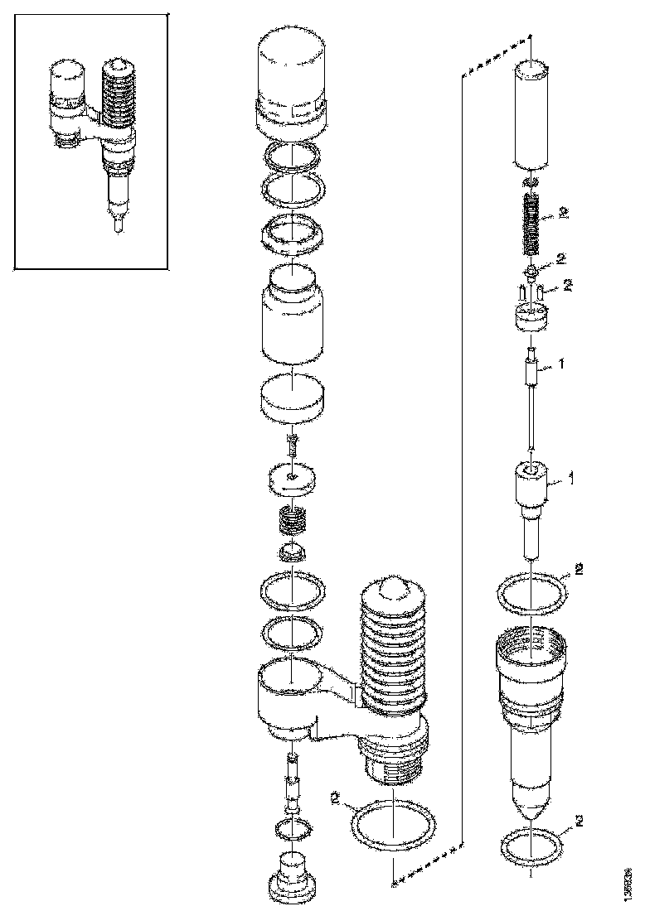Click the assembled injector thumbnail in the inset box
pos(91,141)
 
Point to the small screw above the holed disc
pos(292,447)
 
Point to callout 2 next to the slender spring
pos(564,214)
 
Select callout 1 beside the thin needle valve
pos(564,363)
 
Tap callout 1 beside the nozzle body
pos(570,479)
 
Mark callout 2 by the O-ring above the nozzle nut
pos(579,569)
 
